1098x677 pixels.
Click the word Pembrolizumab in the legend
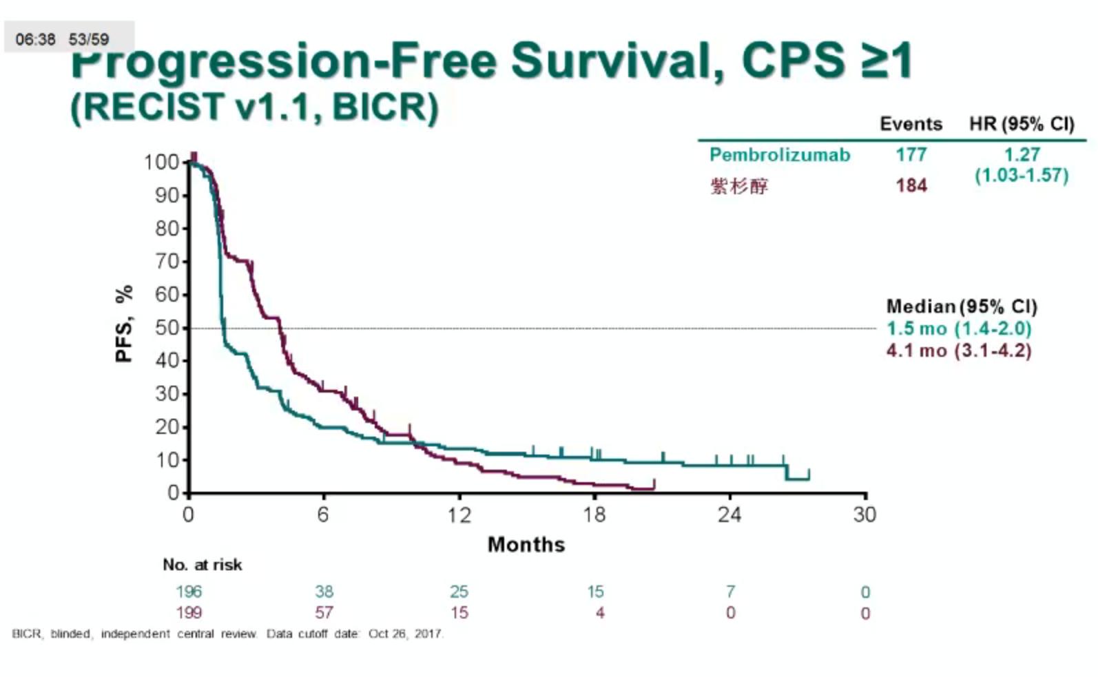click(779, 155)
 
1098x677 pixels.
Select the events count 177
click(911, 154)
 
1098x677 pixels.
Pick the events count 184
click(911, 185)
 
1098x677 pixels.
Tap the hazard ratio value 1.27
click(1022, 154)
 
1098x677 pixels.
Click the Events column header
click(911, 124)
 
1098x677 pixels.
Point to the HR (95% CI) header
click(1021, 124)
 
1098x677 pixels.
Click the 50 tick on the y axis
click(167, 328)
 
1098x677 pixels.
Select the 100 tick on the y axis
click(161, 163)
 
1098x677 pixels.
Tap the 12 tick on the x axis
click(459, 515)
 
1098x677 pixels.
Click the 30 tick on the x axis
click(864, 515)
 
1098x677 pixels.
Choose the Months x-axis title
click(526, 545)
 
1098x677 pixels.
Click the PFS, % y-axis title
click(124, 324)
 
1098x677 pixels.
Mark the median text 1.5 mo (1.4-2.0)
click(958, 329)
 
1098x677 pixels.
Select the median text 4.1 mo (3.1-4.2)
click(958, 351)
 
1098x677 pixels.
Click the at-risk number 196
click(189, 592)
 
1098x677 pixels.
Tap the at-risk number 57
click(324, 612)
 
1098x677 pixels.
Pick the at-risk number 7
click(730, 592)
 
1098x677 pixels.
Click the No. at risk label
click(203, 565)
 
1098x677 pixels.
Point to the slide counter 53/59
click(89, 39)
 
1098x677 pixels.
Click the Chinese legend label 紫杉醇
click(739, 186)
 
